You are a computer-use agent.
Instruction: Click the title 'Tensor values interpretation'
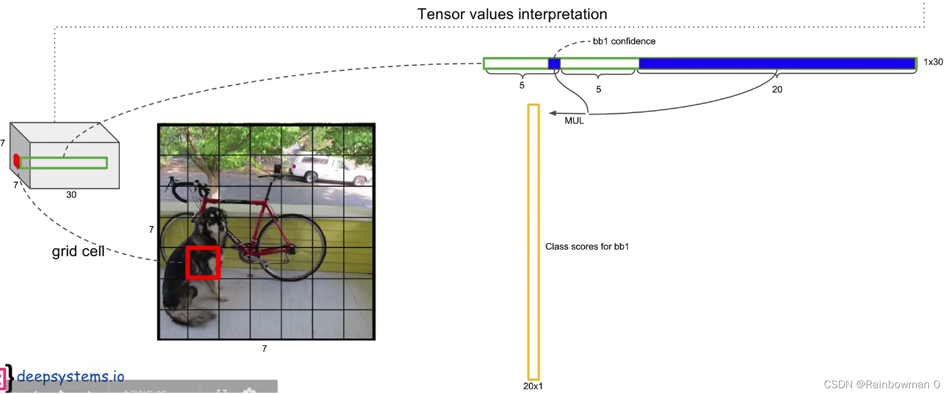point(512,14)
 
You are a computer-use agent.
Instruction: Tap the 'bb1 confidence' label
point(624,41)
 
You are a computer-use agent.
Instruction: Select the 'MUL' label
point(574,121)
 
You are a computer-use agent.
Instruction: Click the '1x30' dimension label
point(933,62)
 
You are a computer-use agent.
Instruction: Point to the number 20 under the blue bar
point(777,89)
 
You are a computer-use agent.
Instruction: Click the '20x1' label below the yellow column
point(533,386)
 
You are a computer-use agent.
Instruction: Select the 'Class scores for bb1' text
point(587,247)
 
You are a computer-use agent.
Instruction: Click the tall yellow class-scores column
point(533,242)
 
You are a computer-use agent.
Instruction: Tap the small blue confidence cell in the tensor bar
point(554,64)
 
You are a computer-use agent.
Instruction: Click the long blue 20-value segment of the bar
point(777,63)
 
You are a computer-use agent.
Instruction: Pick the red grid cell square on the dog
point(203,263)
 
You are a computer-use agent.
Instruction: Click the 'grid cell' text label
point(78,252)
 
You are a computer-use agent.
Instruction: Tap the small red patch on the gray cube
point(17,161)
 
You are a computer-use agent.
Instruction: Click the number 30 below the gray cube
point(71,195)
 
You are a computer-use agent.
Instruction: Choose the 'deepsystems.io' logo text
point(70,377)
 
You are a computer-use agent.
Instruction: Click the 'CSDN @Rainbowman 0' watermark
point(882,384)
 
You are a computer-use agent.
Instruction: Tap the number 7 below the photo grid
point(264,348)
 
